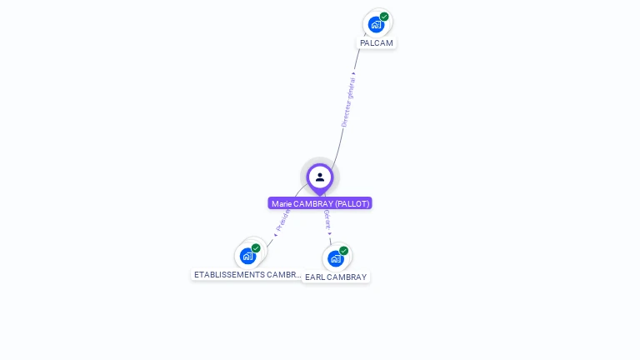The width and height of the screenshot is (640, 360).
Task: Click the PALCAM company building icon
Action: click(376, 24)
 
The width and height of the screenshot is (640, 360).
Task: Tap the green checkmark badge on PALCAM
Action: click(384, 17)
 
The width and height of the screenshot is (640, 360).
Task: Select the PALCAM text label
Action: click(377, 42)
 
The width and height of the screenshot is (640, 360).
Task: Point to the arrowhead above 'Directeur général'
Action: click(354, 73)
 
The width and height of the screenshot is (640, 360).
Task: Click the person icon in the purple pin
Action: click(320, 177)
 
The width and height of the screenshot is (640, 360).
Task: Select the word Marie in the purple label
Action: click(282, 203)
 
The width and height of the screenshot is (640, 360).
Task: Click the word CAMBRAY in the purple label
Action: click(314, 203)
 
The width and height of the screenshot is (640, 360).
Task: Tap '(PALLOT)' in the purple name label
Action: click(352, 203)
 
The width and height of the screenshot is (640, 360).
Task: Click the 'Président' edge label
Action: click(282, 218)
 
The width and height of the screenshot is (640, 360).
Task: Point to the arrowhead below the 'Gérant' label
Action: click(330, 234)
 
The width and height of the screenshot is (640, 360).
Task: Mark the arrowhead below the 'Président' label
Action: click(275, 235)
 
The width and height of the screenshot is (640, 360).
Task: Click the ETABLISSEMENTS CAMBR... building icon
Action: click(247, 256)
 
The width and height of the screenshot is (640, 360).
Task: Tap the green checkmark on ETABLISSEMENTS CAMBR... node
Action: click(256, 248)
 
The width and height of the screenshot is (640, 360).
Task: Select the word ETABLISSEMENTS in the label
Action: click(229, 275)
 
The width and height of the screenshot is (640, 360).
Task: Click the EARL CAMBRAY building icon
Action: click(335, 258)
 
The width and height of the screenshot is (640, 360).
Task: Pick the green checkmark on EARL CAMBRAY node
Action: click(343, 251)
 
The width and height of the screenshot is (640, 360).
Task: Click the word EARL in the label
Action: click(315, 277)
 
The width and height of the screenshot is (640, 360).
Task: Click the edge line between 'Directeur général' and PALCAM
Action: click(358, 58)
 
